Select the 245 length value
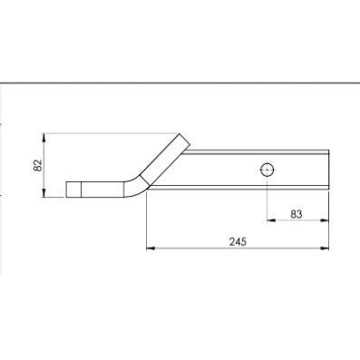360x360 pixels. tap(237, 242)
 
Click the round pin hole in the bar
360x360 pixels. tap(266, 169)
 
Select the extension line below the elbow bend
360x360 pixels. tap(147, 222)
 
